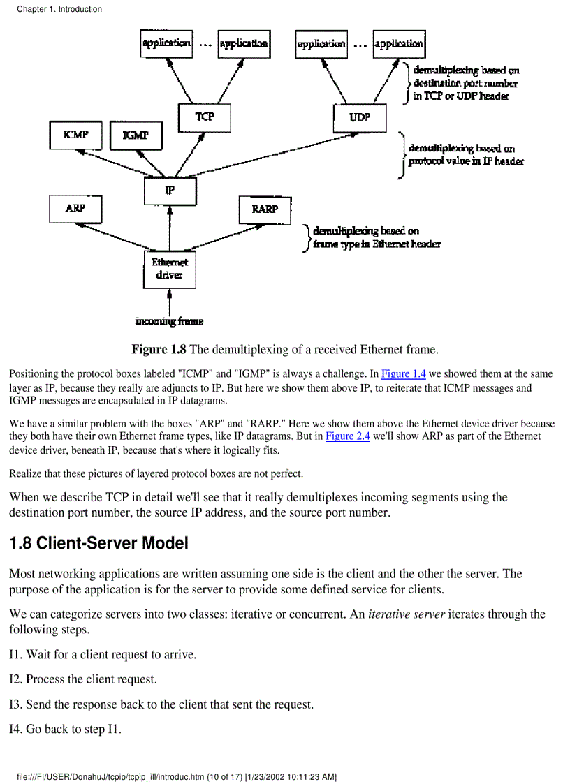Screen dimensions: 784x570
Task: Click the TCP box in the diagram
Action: [204, 118]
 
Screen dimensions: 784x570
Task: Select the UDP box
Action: [360, 118]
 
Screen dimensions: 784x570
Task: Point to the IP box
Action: [170, 191]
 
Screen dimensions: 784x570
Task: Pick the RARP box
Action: [264, 209]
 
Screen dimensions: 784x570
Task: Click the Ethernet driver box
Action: [170, 269]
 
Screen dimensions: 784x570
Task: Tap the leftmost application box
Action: [166, 43]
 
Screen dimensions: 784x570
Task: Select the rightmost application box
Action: [398, 43]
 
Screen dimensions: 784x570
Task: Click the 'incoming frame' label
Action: [169, 322]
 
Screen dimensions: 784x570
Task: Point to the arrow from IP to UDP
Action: [265, 155]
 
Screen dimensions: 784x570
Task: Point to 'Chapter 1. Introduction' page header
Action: [59, 9]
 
